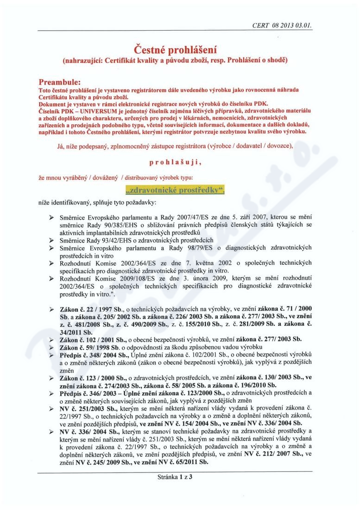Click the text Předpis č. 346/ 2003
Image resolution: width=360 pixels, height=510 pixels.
tap(87, 394)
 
